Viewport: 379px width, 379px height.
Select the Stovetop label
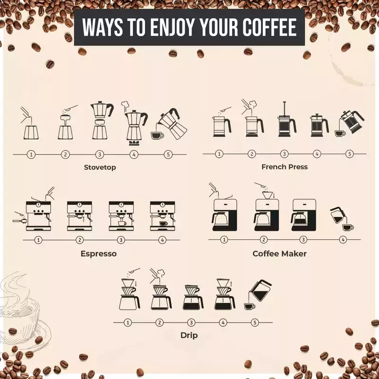pos(100,168)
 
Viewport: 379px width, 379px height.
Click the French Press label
pos(285,167)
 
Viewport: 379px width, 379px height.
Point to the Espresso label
pos(99,254)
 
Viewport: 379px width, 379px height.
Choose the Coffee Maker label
pos(280,253)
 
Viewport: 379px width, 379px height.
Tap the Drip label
pos(189,335)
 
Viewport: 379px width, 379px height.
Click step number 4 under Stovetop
pos(134,154)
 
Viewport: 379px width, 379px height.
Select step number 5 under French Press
pos(350,153)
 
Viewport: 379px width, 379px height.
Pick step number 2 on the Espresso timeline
pos(80,240)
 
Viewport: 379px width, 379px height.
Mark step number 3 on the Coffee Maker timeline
pos(303,240)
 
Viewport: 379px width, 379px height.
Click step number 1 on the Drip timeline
pos(127,323)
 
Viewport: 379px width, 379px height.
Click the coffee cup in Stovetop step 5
pos(157,135)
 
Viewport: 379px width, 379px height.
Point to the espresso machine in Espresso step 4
pos(162,216)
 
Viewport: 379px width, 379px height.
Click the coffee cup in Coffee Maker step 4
pos(348,227)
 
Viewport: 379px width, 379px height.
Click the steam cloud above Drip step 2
pos(161,273)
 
